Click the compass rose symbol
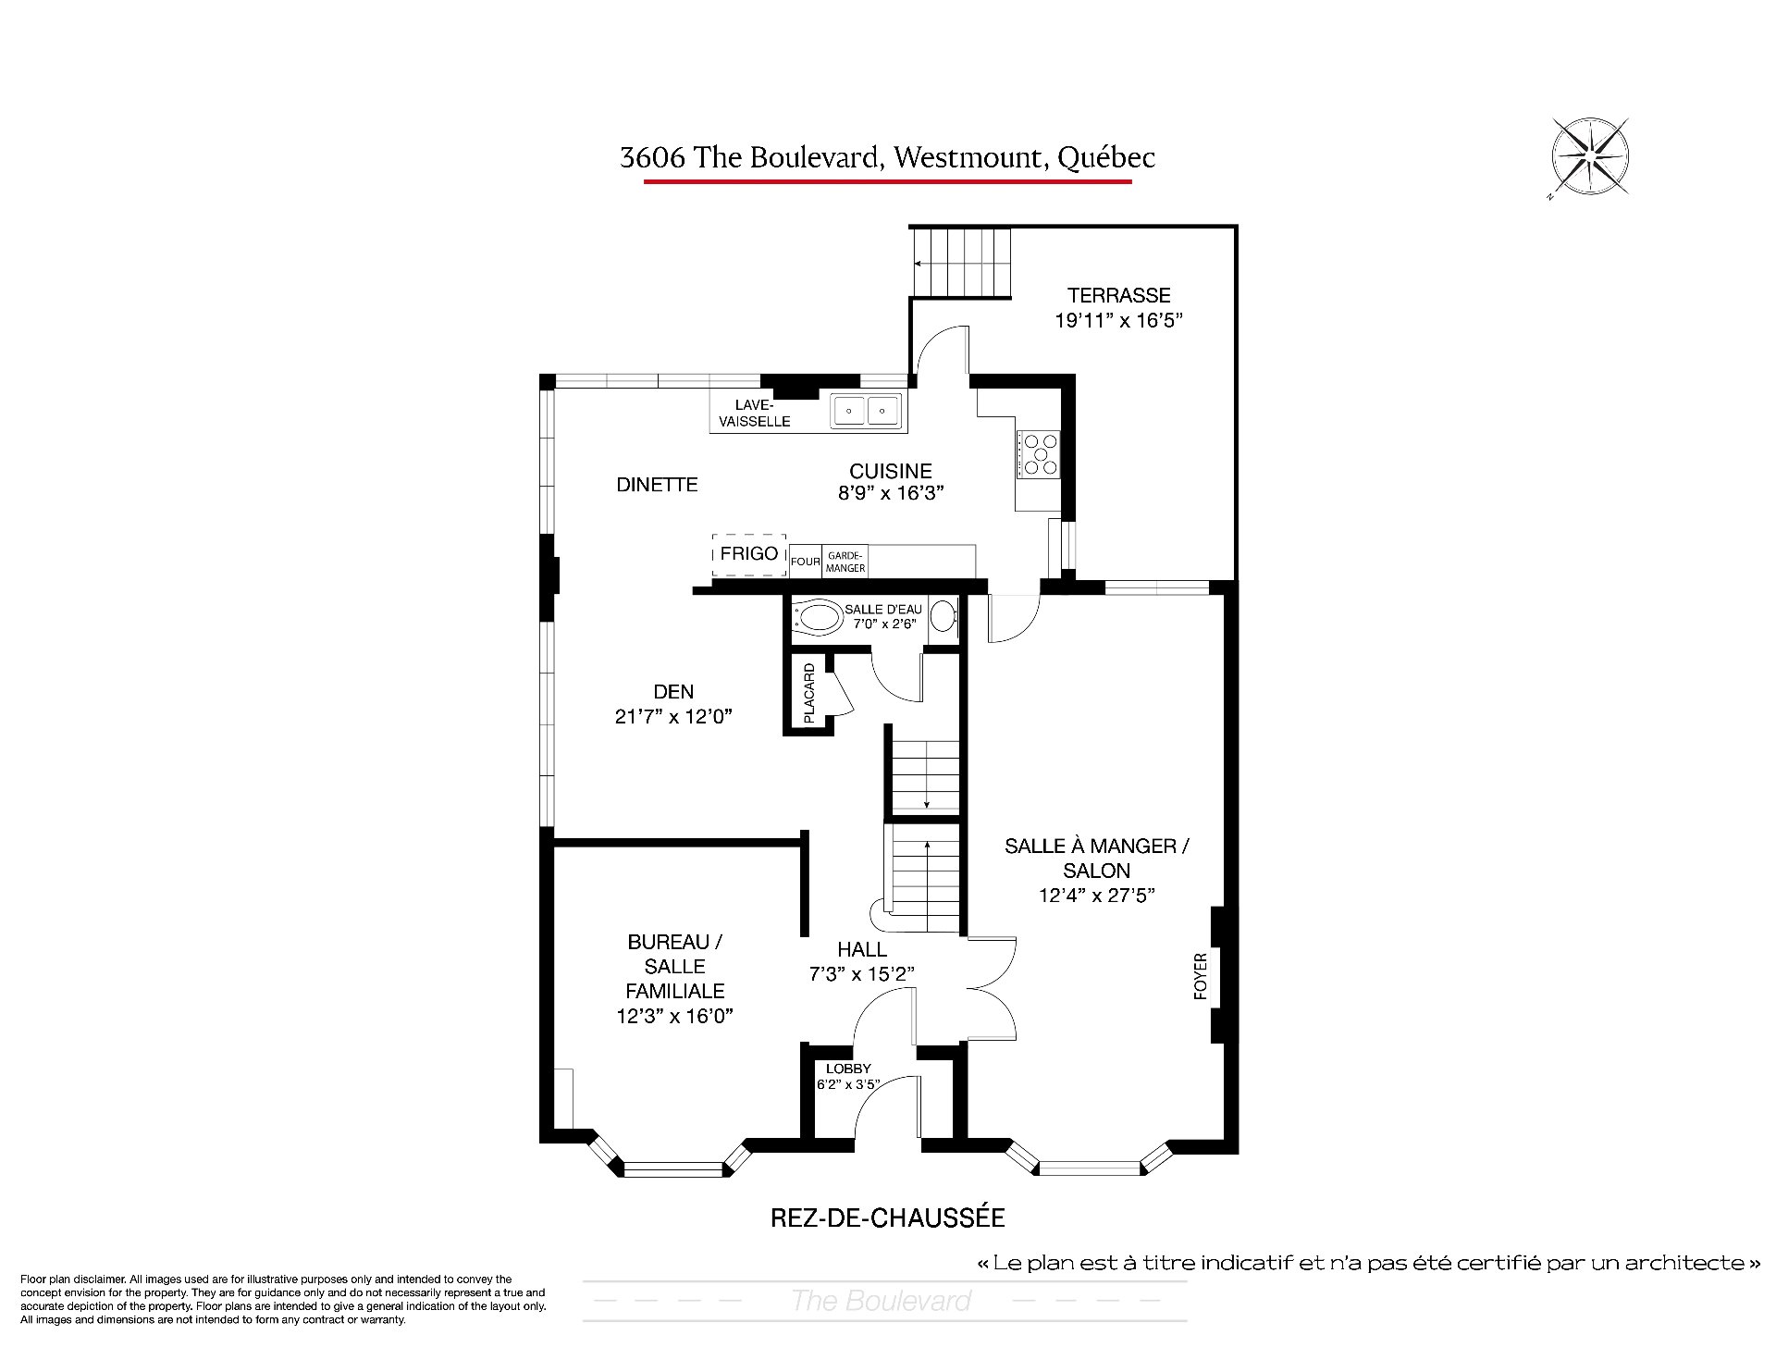point(1589,157)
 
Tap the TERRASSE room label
point(1119,295)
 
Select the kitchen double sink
point(866,410)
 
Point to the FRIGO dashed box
point(749,554)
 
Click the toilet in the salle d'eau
point(815,618)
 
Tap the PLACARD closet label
point(808,693)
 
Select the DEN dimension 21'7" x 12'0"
point(673,716)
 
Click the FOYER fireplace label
point(1201,976)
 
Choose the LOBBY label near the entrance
point(848,1069)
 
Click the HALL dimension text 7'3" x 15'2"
point(862,974)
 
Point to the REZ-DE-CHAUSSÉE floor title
point(888,1217)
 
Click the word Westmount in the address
point(967,157)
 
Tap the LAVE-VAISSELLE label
point(761,413)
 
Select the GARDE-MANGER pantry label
point(846,562)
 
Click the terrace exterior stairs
point(961,263)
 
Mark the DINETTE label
point(657,484)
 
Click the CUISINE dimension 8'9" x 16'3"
point(891,493)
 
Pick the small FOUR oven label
point(806,562)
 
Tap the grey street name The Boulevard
point(881,1301)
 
